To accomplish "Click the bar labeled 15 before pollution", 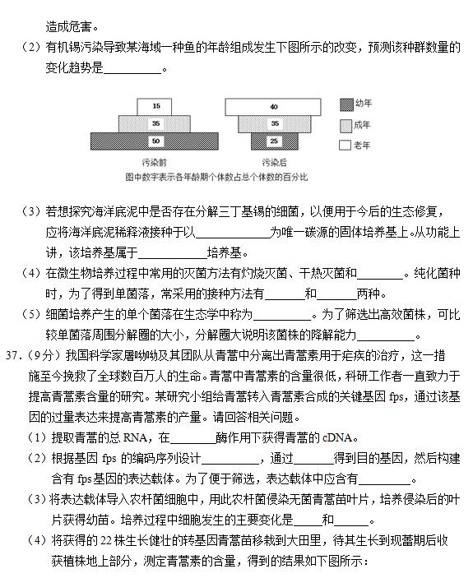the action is (x=155, y=106).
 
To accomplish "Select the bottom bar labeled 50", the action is (x=155, y=141).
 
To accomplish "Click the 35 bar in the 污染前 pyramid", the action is (x=155, y=123).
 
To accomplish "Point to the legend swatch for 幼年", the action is (x=346, y=104).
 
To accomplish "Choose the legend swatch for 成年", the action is (x=346, y=125).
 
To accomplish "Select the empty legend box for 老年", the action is (x=346, y=145).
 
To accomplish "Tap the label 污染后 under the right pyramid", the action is (x=274, y=161).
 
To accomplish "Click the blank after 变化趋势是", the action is (x=132, y=69).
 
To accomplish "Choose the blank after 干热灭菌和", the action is (x=380, y=273).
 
